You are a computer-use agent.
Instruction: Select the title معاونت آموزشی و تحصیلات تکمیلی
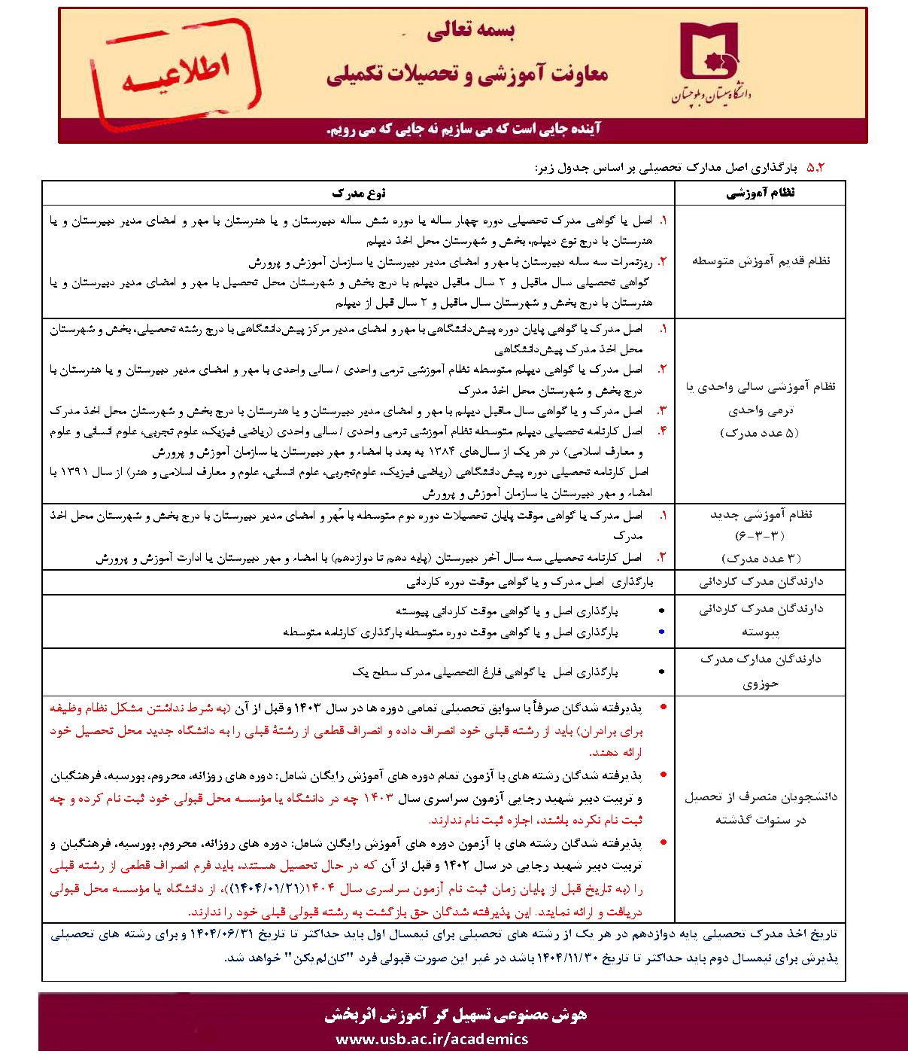(x=466, y=74)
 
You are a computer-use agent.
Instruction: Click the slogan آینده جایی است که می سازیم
(x=463, y=129)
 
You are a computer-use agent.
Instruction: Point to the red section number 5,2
(x=815, y=167)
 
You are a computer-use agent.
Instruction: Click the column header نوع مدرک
(x=358, y=193)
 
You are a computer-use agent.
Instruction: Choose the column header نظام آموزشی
(x=760, y=193)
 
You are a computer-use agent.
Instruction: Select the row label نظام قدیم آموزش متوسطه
(x=761, y=260)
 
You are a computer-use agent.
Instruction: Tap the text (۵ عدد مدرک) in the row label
(x=760, y=433)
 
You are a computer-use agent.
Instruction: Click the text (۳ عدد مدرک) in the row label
(x=761, y=558)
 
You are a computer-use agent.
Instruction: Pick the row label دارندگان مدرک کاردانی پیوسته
(x=761, y=620)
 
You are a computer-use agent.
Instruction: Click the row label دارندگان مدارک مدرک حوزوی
(x=761, y=671)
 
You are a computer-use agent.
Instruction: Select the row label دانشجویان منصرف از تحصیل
(x=761, y=808)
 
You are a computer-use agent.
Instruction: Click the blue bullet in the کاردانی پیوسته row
(x=661, y=632)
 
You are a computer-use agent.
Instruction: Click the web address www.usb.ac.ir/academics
(x=432, y=1039)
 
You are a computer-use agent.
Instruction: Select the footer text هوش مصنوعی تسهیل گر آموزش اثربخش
(x=456, y=1015)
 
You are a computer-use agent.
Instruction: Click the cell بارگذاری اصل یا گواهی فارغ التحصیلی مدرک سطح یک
(x=485, y=672)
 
